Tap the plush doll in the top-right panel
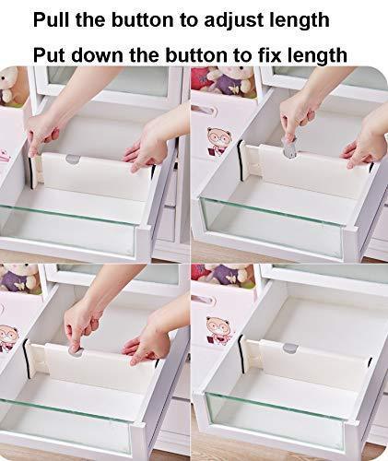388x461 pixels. (x=226, y=81)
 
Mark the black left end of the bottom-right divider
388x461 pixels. (x=241, y=356)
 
